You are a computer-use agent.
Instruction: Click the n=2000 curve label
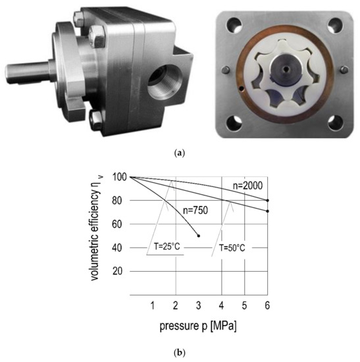[x=247, y=186]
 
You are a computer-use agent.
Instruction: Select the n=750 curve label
[x=195, y=211]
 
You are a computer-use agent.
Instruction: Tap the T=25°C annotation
[x=167, y=247]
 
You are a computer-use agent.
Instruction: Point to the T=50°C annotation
[x=232, y=248]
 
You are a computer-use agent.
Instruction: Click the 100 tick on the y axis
[x=119, y=177]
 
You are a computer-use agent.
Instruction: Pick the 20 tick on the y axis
[x=117, y=271]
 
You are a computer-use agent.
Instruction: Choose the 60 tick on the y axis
[x=117, y=224]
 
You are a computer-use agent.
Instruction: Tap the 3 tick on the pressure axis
[x=198, y=305]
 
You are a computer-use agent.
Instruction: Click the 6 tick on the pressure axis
[x=267, y=305]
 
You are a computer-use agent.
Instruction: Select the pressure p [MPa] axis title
[x=198, y=326]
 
